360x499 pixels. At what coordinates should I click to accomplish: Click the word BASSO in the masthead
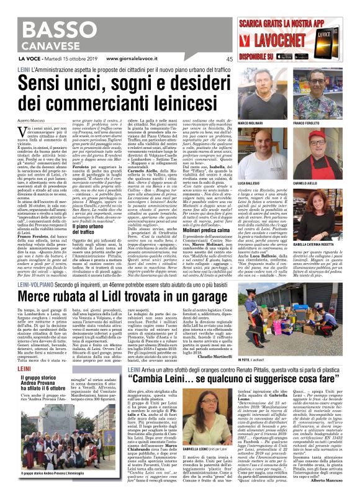[56, 30]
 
